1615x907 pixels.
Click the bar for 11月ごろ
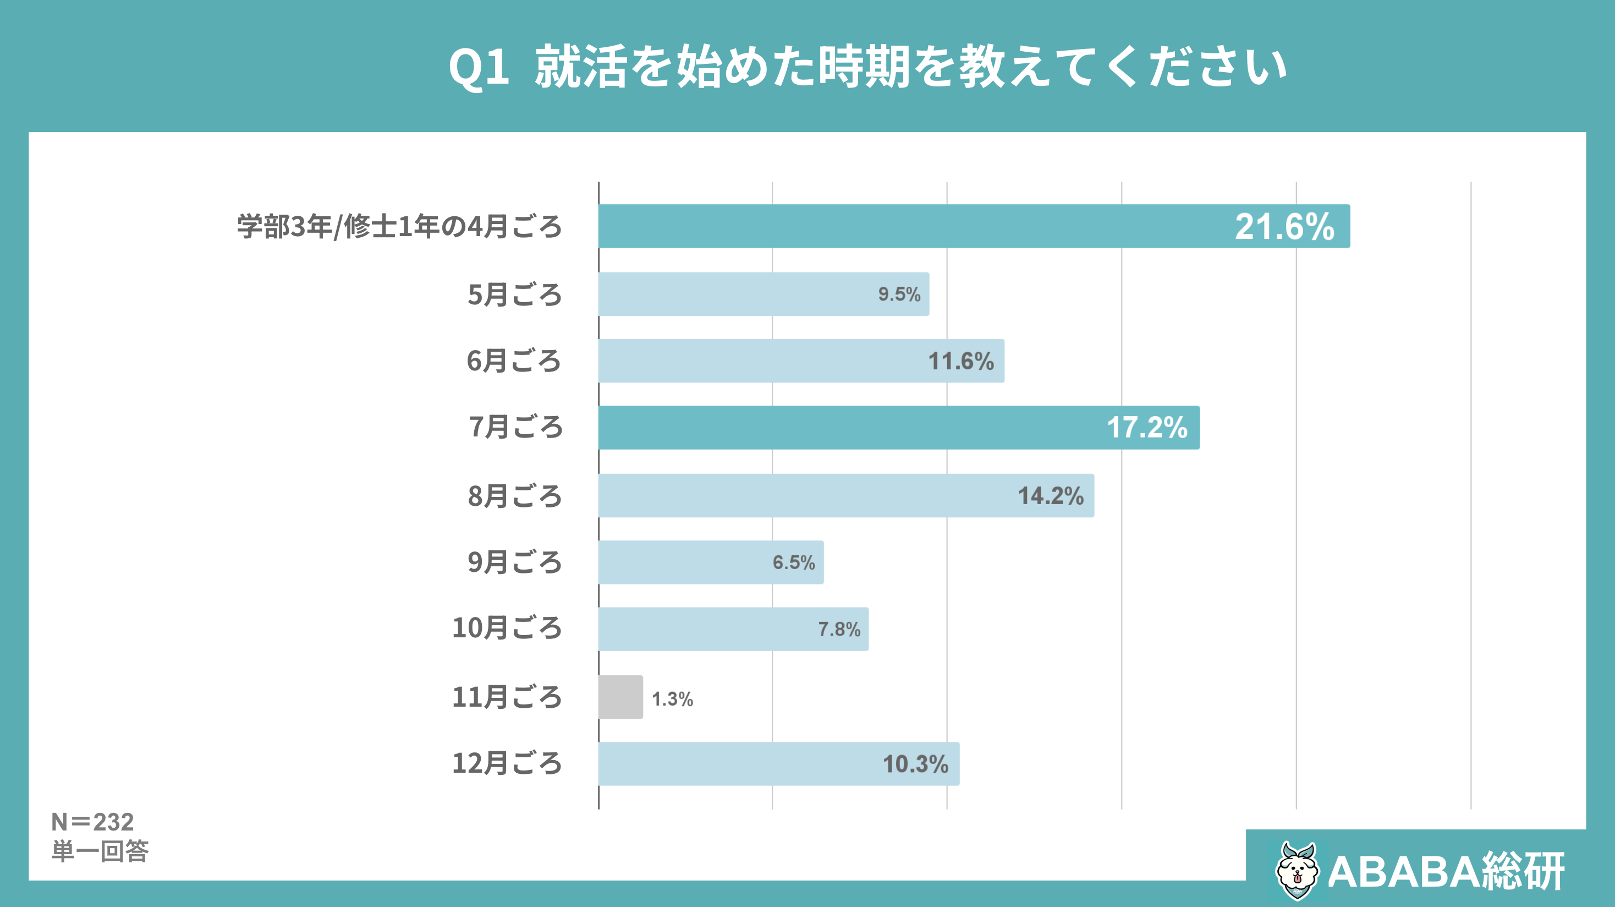pos(620,697)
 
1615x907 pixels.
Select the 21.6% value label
pos(1284,226)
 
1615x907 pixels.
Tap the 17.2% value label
pos(1147,428)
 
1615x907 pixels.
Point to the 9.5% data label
pos(899,294)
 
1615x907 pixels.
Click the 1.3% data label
pos(672,699)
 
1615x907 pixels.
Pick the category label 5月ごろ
pos(514,295)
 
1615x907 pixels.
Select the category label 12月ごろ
pos(507,763)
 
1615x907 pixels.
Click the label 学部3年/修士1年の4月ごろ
pos(399,226)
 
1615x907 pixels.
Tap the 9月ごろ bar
pos(710,562)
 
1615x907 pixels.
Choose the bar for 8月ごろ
pos(846,495)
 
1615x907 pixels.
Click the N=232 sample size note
pos(92,822)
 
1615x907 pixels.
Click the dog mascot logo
pos(1297,871)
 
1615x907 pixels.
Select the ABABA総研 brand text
pos(1446,871)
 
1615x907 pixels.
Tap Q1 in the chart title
pos(479,67)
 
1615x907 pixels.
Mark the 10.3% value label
pos(915,764)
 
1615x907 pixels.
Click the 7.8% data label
pos(839,629)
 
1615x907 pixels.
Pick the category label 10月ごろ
pos(507,628)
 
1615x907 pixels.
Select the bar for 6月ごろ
pos(800,361)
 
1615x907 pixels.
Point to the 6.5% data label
pos(793,562)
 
